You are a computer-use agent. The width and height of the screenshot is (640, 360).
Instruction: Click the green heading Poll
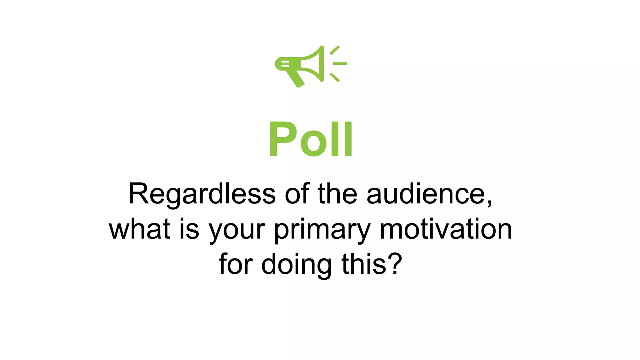311,139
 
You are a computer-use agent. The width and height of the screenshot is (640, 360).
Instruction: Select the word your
237,231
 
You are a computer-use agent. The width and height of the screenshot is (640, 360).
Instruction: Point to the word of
297,194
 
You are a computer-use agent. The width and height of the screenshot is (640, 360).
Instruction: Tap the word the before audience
337,194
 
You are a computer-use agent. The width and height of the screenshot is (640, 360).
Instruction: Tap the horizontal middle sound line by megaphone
340,63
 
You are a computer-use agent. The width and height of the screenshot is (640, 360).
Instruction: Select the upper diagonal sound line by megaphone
335,50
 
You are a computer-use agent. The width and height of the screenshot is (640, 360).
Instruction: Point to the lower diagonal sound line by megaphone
335,77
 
